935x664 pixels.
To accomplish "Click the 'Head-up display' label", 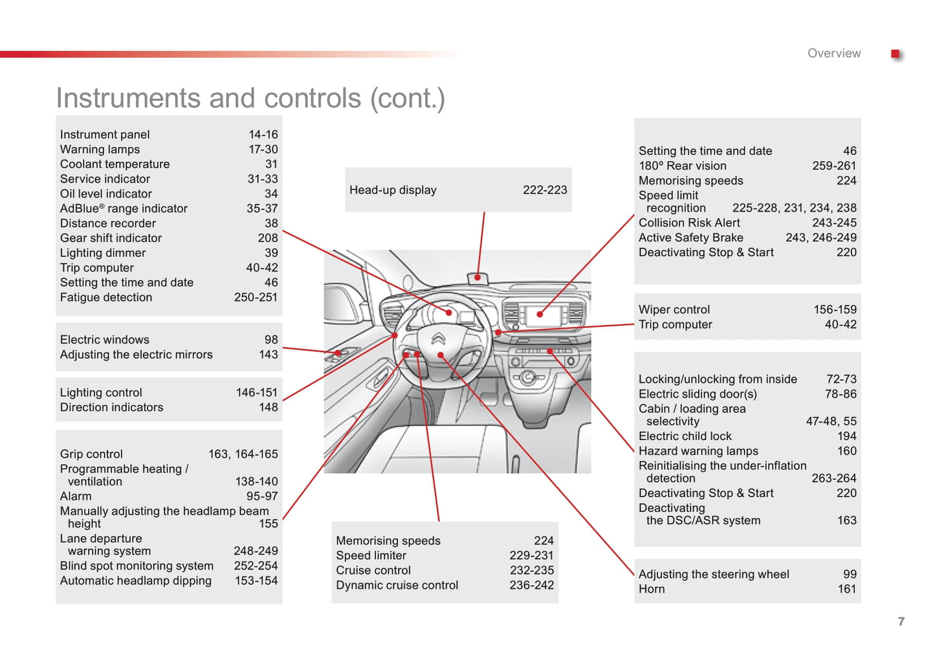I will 393,190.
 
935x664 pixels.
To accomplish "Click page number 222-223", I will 545,190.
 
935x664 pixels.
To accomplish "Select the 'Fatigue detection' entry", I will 106,298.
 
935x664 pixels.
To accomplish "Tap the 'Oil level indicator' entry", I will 106,194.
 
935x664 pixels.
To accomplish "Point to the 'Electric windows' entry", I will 105,340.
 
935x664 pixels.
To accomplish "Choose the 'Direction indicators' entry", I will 112,408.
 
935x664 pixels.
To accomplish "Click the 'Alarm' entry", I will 76,496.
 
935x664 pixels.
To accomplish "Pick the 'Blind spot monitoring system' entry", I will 137,566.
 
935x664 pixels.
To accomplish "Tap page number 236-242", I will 532,585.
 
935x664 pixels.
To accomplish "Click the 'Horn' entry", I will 652,589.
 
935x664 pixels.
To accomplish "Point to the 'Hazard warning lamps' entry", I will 698,451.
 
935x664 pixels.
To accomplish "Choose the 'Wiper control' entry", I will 674,310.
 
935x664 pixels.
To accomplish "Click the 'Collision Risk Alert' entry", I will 689,223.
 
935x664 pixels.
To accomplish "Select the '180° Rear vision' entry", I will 683,166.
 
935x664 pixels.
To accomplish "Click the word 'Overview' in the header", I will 834,54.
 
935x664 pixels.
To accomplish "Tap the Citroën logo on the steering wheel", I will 439,338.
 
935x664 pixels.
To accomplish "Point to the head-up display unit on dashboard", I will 478,278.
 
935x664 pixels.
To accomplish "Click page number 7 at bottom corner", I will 901,622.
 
